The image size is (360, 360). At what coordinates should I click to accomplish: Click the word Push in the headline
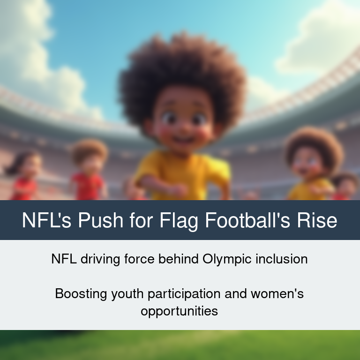(101, 220)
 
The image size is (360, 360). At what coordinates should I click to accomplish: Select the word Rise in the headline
(317, 220)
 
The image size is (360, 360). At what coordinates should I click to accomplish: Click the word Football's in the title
(247, 220)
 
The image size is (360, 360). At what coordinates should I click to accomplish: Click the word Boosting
(81, 294)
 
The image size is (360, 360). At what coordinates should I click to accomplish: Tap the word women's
(277, 293)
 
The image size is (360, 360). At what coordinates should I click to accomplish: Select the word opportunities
(180, 312)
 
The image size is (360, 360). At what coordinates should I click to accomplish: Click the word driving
(100, 260)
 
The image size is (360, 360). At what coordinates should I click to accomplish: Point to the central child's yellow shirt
(184, 174)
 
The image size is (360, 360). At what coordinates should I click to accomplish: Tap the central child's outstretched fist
(179, 190)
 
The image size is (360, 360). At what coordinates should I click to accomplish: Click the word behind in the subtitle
(179, 259)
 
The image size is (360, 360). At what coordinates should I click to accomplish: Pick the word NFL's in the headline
(46, 220)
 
